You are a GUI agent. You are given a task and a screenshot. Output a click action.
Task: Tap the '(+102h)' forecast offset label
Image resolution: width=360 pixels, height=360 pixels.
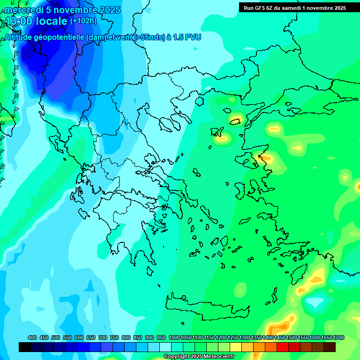point(83,21)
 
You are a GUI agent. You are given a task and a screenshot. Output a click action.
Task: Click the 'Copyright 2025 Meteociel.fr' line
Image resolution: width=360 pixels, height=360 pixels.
point(199,357)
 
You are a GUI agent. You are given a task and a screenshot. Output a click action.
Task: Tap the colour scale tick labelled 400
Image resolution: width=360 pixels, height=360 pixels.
point(32,338)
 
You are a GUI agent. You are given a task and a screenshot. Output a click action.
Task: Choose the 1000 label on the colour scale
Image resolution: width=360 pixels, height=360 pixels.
point(174,338)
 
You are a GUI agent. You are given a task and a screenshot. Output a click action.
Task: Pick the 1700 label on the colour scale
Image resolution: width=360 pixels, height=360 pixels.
point(339,338)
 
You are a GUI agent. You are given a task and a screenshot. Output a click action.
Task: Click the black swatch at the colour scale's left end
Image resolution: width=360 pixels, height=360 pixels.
point(25,347)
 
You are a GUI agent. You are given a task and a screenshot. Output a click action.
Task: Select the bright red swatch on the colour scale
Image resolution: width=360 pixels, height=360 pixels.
point(283,347)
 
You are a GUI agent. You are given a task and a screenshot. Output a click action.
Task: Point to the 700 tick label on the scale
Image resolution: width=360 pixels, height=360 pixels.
point(103,338)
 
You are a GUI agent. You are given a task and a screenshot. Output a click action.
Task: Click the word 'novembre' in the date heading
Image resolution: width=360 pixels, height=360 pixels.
point(73,10)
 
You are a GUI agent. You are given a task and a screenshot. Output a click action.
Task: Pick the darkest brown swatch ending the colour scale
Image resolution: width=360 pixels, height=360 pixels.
point(330,347)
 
